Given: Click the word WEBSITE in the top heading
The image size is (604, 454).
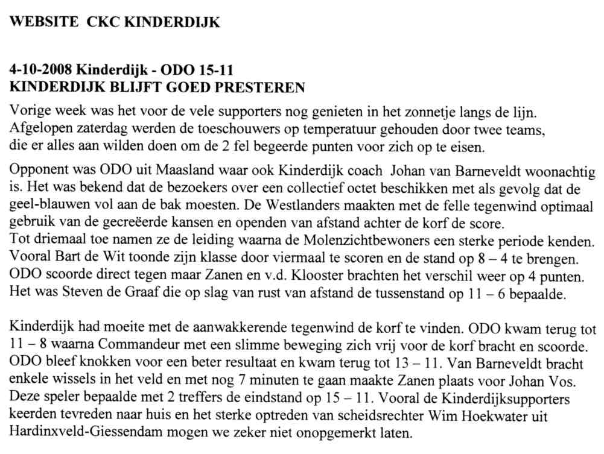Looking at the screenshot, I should pos(44,23).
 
